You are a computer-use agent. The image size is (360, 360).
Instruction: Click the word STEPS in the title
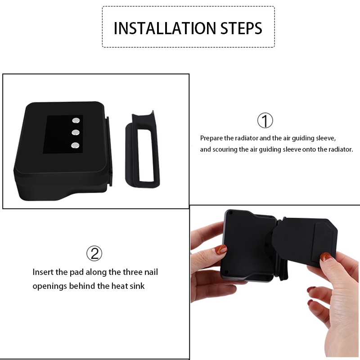click(241, 28)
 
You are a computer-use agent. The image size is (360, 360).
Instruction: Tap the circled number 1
click(265, 121)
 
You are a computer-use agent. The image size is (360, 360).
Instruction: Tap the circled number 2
click(94, 253)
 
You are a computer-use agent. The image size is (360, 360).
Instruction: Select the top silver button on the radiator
click(76, 120)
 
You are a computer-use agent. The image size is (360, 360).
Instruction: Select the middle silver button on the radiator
click(76, 132)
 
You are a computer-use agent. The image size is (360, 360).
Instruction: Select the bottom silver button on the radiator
click(75, 145)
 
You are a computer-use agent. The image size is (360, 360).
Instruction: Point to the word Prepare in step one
click(211, 139)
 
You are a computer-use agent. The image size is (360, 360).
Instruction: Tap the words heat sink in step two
click(128, 286)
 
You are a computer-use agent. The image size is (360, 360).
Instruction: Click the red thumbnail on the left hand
click(221, 249)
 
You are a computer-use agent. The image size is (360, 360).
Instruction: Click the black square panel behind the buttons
click(63, 134)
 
